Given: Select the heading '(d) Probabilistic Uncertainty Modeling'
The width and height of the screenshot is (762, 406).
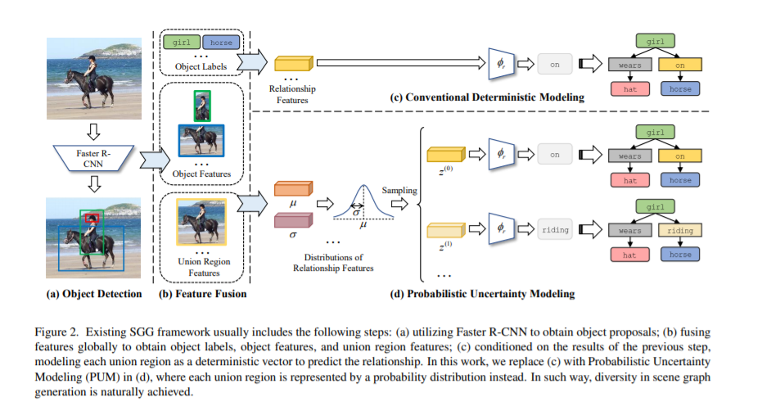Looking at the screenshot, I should [492, 293].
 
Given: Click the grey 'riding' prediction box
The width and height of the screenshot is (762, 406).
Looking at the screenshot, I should [554, 230].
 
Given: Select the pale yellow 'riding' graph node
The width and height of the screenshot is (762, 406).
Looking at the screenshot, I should [679, 231].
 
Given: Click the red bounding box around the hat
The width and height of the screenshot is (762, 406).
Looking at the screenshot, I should [91, 219].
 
